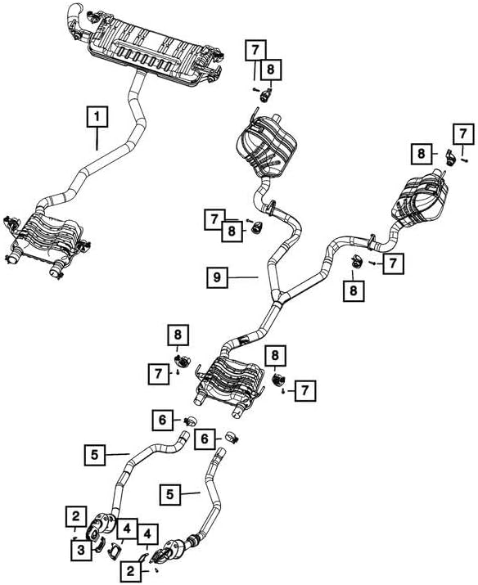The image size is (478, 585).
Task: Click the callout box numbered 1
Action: coord(97,118)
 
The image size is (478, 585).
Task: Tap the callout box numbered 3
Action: coord(81,551)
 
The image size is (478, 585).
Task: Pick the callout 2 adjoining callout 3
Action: coord(74,515)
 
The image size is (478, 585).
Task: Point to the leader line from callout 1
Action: coord(97,139)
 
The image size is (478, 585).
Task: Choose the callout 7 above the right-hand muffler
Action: coord(464,133)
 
